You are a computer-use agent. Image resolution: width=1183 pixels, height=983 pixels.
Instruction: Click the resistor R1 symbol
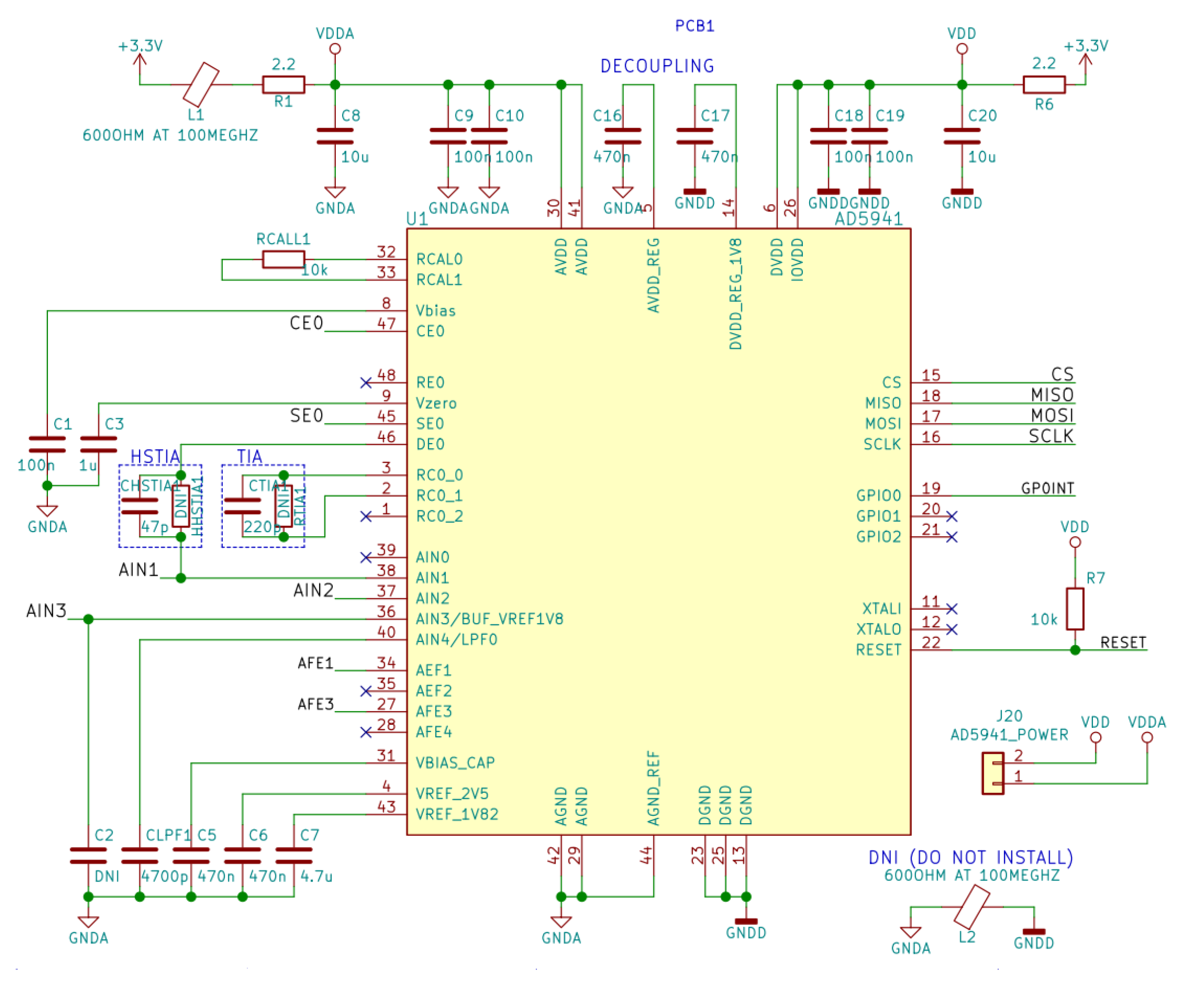pos(283,84)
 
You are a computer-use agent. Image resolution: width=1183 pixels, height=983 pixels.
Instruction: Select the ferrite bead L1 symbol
pos(201,84)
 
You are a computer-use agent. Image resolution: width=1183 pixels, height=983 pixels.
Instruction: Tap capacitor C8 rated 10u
pos(335,136)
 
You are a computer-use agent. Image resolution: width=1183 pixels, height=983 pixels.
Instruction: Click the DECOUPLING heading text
pos(657,67)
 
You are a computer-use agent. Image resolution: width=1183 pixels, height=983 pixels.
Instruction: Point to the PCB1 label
pos(694,26)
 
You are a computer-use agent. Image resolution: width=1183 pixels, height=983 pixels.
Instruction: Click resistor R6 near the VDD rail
pos(1044,84)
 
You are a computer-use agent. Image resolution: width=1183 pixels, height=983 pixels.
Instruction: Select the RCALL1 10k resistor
pos(283,259)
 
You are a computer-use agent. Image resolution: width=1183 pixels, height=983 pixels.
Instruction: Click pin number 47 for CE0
pos(386,324)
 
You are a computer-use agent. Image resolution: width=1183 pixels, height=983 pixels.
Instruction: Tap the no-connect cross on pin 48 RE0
pos(366,383)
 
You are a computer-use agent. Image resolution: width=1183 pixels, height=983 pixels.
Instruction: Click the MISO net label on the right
pos(1052,395)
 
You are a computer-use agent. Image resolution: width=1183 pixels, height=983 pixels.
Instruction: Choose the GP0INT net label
pos(1047,488)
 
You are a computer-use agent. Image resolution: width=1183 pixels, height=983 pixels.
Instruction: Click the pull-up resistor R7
pos(1075,609)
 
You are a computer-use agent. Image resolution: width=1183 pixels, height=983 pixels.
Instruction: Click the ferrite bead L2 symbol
pos(972,907)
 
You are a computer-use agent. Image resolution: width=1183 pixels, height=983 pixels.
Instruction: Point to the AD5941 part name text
pos(868,219)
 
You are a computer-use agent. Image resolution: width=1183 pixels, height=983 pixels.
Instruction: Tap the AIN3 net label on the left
pos(46,611)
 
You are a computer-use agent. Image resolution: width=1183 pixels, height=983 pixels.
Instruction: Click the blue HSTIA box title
pos(155,457)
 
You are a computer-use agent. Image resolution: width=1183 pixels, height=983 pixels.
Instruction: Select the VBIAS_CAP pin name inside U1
pos(455,763)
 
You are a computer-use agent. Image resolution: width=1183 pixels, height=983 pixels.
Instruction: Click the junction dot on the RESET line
pos(1075,650)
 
